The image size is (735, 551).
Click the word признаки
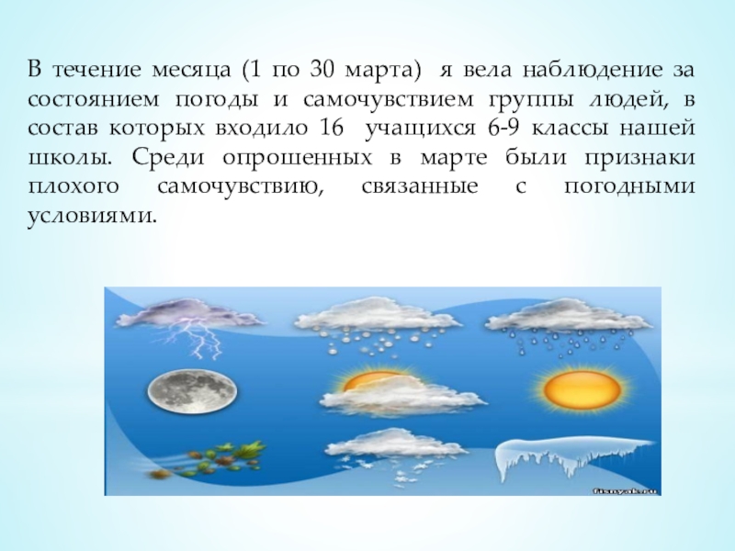[x=644, y=157]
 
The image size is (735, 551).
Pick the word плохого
[x=68, y=186]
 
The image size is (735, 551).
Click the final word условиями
[x=89, y=216]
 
